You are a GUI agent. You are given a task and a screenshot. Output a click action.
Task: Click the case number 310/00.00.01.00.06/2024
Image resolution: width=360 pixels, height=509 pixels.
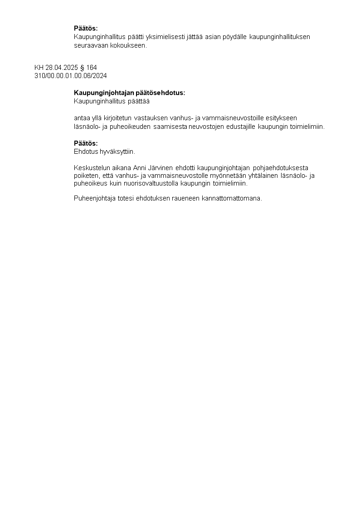pyautogui.click(x=71, y=75)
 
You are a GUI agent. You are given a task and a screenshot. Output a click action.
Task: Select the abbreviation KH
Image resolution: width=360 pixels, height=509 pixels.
pyautogui.click(x=39, y=68)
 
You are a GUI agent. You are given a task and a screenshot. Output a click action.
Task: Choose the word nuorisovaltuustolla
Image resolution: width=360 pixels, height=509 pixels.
pyautogui.click(x=149, y=184)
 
